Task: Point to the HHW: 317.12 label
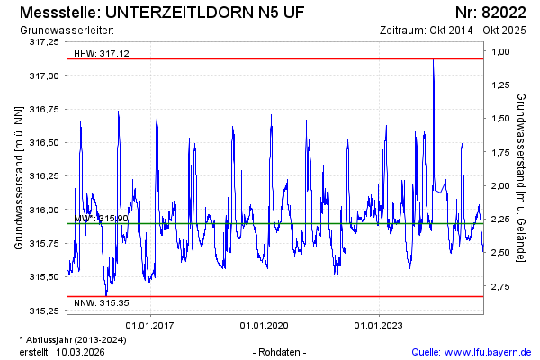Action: click(102, 54)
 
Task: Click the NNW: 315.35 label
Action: click(102, 302)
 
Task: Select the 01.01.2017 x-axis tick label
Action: click(149, 325)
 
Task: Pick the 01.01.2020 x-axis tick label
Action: click(265, 325)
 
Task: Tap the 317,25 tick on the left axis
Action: click(44, 42)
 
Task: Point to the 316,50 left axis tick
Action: click(44, 143)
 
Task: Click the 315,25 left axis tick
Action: click(44, 311)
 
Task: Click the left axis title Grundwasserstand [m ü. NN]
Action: click(19, 176)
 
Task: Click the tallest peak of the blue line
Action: click(433, 60)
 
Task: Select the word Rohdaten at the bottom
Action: click(280, 351)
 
